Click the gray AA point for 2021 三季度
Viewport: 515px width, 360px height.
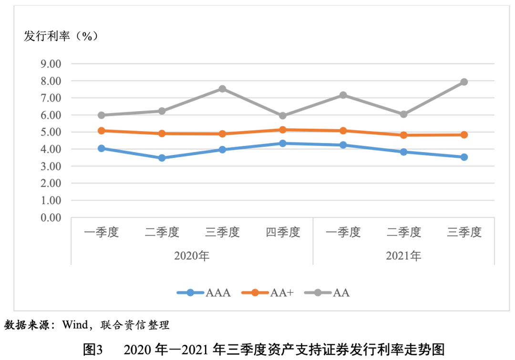point(464,82)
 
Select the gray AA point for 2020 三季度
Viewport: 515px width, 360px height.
point(222,89)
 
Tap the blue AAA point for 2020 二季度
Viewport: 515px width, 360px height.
point(162,158)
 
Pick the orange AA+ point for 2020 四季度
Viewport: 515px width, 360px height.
point(283,130)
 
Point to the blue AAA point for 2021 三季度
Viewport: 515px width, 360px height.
point(464,157)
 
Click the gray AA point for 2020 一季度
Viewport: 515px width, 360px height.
point(101,115)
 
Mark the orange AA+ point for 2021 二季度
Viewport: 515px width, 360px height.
point(403,135)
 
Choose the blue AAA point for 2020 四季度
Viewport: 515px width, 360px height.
point(283,143)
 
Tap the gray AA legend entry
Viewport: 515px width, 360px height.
point(329,293)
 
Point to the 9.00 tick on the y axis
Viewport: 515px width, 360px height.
point(51,64)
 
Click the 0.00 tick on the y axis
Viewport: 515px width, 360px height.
point(51,218)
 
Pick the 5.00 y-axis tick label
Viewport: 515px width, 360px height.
point(51,132)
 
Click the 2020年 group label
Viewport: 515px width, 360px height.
point(192,256)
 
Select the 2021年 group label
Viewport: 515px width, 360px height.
point(403,256)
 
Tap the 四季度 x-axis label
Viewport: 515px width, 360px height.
point(283,232)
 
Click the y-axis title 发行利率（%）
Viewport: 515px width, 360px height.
point(61,36)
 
